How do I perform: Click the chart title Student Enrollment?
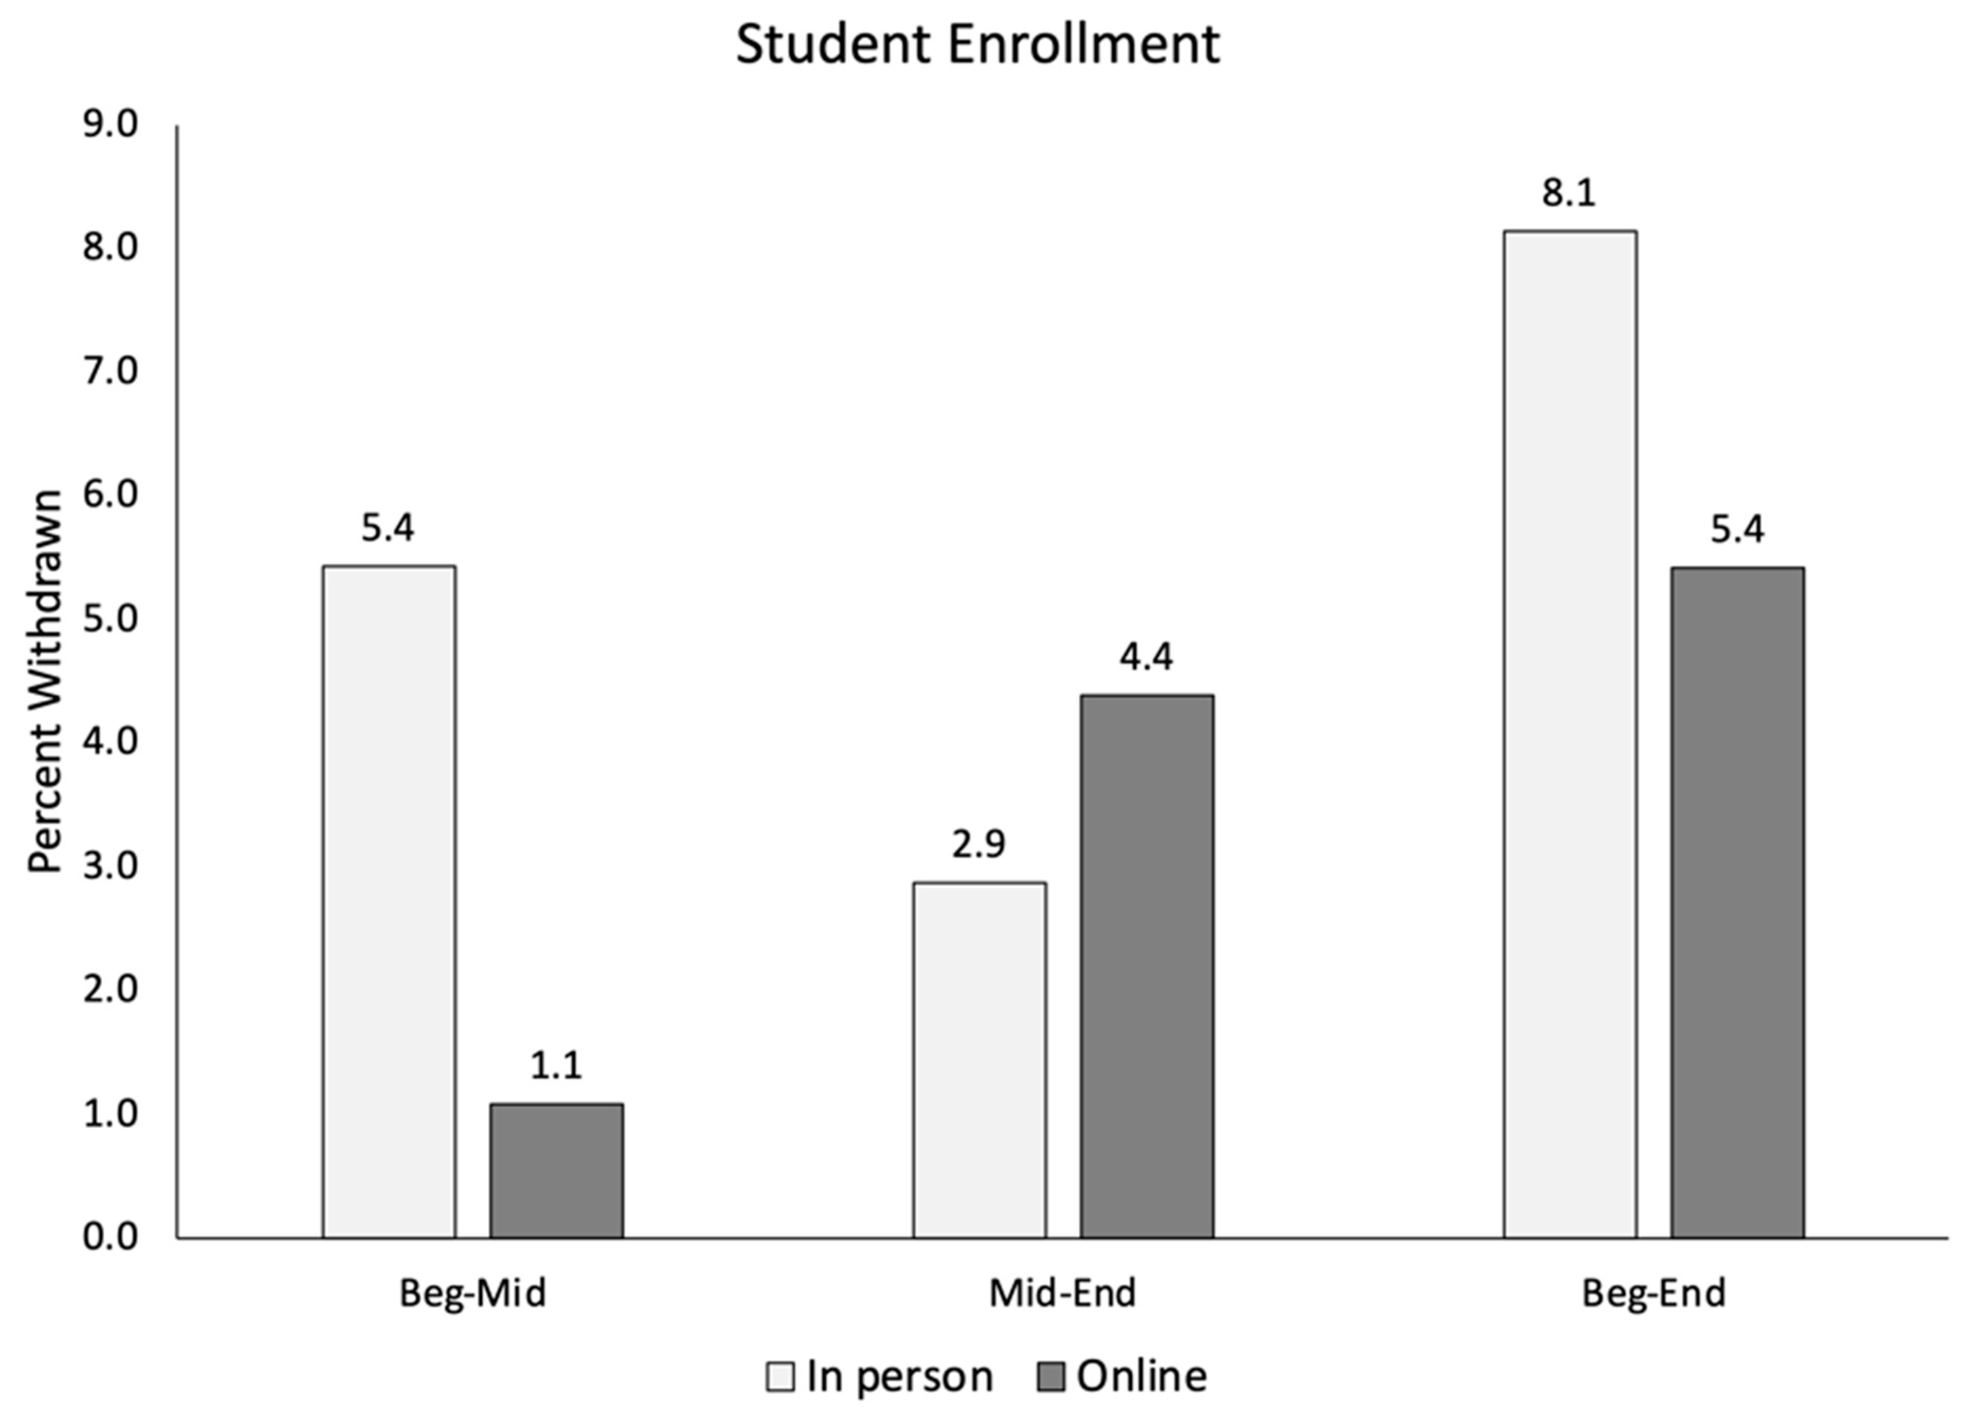pyautogui.click(x=978, y=46)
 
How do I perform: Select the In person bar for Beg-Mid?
pyautogui.click(x=388, y=902)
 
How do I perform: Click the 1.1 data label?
pyautogui.click(x=556, y=1066)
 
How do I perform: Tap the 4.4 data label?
pyautogui.click(x=1146, y=657)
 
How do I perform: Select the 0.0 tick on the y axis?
pyautogui.click(x=111, y=1237)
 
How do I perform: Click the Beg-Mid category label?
pyautogui.click(x=472, y=1294)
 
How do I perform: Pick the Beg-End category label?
pyautogui.click(x=1653, y=1294)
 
